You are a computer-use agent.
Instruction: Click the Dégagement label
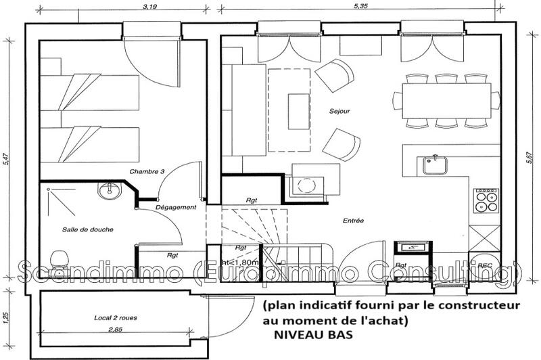pos(175,207)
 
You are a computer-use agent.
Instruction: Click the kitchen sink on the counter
pos(433,164)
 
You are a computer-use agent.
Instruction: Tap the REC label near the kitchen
pos(484,265)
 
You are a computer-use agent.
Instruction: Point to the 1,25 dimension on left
pos(6,315)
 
